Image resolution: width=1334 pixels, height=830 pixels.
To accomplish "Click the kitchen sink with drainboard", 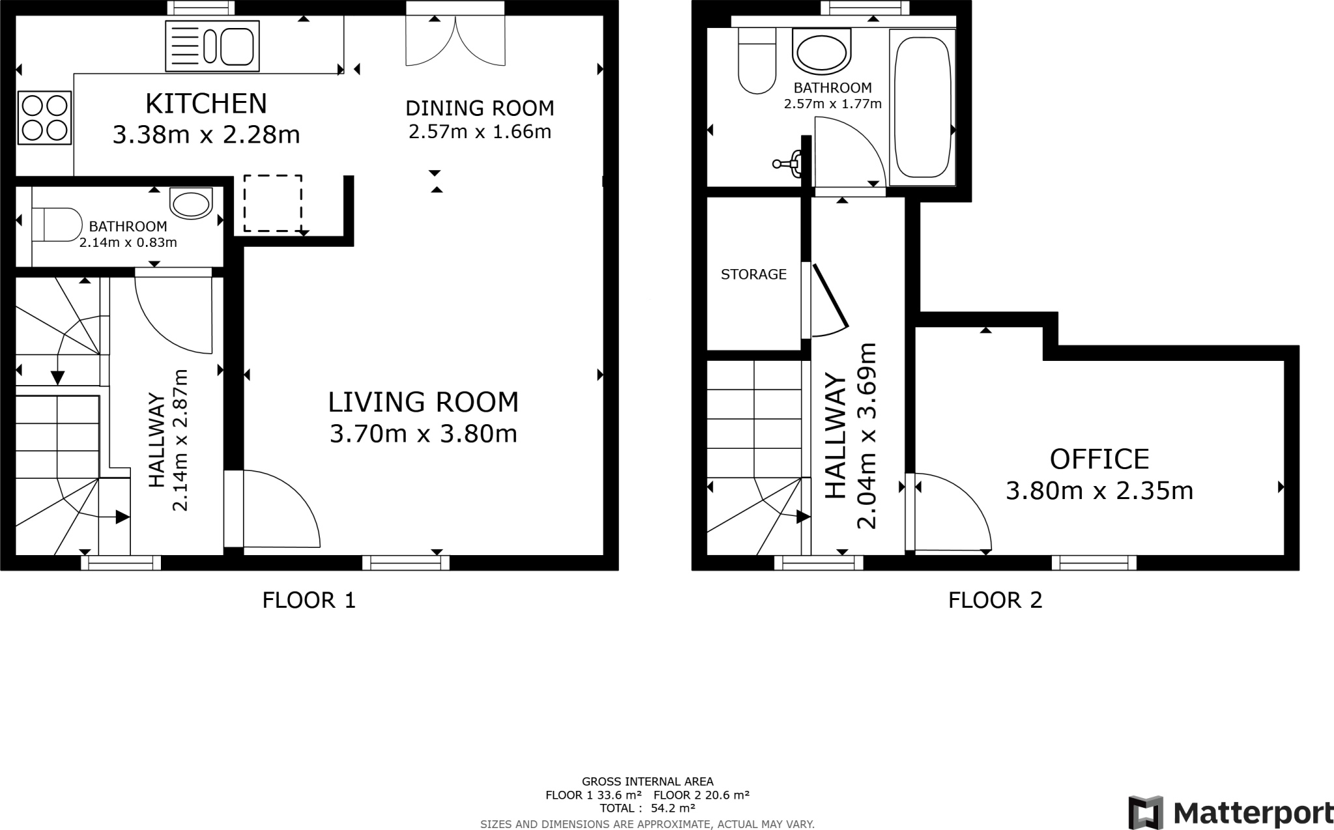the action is point(212,46).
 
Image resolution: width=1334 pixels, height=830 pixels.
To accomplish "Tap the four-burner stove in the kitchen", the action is point(45,117).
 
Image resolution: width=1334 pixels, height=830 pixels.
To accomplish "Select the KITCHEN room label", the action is point(206,104).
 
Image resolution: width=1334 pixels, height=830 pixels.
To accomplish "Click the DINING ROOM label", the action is point(480,107).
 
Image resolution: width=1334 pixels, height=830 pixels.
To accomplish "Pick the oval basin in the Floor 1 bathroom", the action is point(191,203).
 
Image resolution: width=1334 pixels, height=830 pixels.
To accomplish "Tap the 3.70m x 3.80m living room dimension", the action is point(423,434).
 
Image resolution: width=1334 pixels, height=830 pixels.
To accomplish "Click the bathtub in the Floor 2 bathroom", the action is point(922,107).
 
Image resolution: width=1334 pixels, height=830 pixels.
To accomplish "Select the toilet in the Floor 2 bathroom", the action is point(758,60).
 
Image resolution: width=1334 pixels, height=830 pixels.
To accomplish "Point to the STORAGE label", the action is point(754,274).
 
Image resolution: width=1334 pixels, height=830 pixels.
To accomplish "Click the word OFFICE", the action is point(1100,459).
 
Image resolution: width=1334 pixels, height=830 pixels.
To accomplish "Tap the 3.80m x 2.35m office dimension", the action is point(1100,491).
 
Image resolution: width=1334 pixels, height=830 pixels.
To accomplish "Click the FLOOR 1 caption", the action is point(309,600).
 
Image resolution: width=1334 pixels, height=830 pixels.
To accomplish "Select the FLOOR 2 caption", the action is point(995,600).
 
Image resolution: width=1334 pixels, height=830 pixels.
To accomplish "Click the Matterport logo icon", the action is point(1146,812).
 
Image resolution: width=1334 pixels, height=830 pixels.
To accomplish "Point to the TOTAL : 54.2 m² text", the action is point(647,809).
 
